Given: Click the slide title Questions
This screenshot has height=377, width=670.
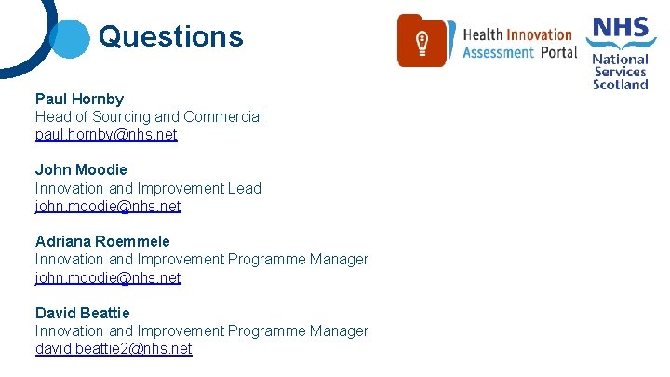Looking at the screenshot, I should [170, 36].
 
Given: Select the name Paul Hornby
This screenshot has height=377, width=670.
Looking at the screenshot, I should [79, 99].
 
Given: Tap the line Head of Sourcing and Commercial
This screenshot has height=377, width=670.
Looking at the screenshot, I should [149, 116].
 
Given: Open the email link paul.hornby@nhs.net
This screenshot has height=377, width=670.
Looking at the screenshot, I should [106, 135].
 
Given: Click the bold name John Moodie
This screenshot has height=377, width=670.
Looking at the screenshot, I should [81, 169].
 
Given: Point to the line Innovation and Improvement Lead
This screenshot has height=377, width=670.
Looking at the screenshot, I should [148, 188].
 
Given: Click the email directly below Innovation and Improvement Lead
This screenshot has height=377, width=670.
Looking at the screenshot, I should [108, 206].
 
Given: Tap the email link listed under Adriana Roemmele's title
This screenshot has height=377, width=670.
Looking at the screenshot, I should [108, 277].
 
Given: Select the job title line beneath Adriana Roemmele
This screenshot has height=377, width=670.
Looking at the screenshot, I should [202, 259].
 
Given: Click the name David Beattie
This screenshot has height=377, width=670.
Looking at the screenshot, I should [83, 313].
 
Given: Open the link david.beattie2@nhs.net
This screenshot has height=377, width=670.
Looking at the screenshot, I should [114, 348].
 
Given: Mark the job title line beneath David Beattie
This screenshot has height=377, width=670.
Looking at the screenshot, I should [202, 330].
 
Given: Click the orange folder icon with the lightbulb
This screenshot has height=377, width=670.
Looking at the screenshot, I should [422, 41].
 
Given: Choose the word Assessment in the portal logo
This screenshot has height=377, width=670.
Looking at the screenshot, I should [499, 53].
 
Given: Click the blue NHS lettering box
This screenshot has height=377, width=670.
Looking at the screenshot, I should [621, 28].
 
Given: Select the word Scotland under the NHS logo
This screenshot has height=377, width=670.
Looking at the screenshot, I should [621, 84].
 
